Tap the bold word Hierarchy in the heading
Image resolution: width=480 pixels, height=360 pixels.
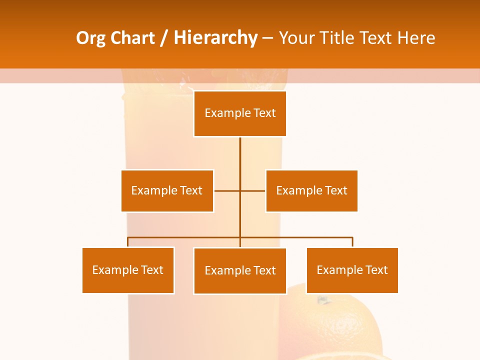[x=215, y=38]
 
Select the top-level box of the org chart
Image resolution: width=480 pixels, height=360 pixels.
[x=240, y=113]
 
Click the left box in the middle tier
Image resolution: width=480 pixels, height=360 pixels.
[x=167, y=190]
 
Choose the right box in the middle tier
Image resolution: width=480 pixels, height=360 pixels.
[x=311, y=190]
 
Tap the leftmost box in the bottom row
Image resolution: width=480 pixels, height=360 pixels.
[x=128, y=270]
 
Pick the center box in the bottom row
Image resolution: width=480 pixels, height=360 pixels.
[x=240, y=270]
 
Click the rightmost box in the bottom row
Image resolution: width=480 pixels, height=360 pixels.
[x=352, y=270]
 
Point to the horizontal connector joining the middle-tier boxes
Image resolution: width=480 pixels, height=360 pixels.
[x=227, y=190]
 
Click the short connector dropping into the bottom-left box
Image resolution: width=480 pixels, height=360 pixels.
[x=128, y=242]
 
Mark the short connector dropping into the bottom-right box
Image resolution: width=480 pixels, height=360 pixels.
[x=352, y=242]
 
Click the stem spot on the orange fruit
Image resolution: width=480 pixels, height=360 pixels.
[x=323, y=300]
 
